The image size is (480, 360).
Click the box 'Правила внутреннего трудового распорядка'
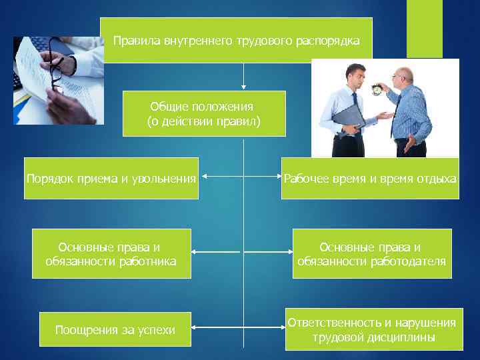coord(236,41)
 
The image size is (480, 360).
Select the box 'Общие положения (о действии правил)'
coord(204,113)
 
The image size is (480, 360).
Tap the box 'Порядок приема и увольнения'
coord(111,178)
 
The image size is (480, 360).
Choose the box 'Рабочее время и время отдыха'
coord(370,178)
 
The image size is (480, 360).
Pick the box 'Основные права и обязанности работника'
coord(111,253)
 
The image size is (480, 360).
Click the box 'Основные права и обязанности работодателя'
coord(372,253)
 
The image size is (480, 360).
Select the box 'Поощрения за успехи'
coord(115,330)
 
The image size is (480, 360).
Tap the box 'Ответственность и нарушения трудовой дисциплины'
coord(373,330)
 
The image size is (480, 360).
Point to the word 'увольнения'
coord(165,179)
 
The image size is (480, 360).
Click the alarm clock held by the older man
coord(376,89)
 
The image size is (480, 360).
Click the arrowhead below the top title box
coord(244,87)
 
